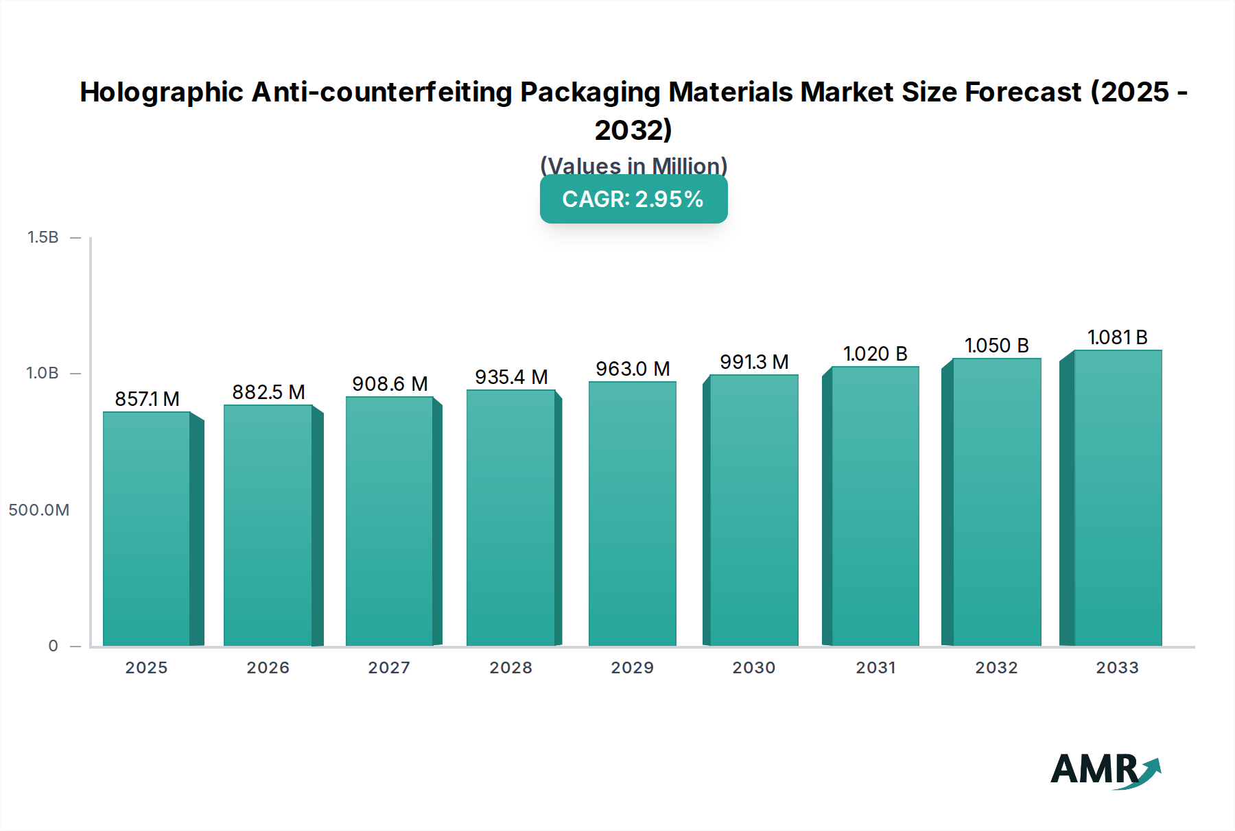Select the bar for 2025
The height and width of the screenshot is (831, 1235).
click(147, 528)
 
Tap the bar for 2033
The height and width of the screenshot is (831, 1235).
click(1118, 498)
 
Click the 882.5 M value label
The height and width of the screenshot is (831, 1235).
click(268, 392)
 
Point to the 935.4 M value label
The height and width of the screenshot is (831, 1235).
click(511, 377)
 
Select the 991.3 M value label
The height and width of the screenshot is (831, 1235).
click(754, 362)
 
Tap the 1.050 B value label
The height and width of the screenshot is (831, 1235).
click(996, 346)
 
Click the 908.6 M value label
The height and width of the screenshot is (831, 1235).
click(390, 384)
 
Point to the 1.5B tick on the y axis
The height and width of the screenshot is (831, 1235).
click(43, 237)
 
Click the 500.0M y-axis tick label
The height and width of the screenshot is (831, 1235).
click(39, 510)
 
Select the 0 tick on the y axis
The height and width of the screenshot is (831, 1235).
click(53, 646)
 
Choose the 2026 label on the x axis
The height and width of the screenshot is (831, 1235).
click(268, 668)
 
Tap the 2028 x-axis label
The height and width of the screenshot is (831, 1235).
click(511, 668)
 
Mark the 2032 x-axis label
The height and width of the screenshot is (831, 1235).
click(996, 668)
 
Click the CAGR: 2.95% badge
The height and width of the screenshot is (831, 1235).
click(633, 200)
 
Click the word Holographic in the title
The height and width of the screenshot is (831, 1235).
click(161, 93)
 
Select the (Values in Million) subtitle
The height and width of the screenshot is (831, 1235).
click(633, 166)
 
